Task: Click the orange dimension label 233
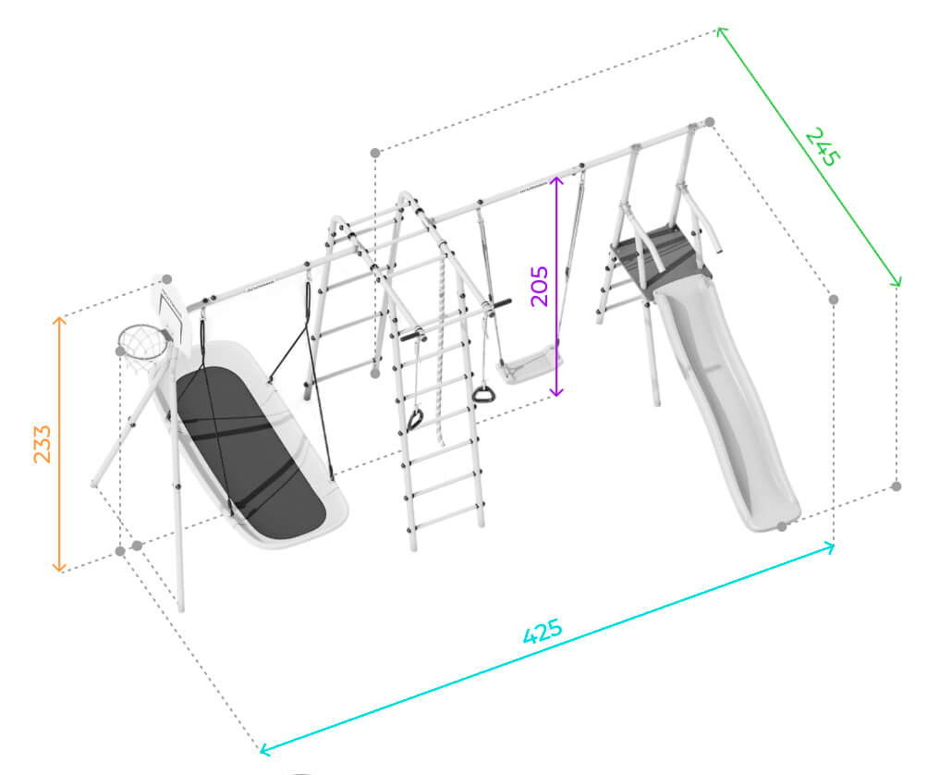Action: (42, 444)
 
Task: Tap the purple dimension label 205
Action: (540, 286)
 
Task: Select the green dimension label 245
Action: (823, 146)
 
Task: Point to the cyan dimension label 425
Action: (543, 631)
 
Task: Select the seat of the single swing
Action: (530, 363)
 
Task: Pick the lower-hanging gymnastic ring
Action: (414, 420)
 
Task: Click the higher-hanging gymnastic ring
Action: (483, 394)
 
